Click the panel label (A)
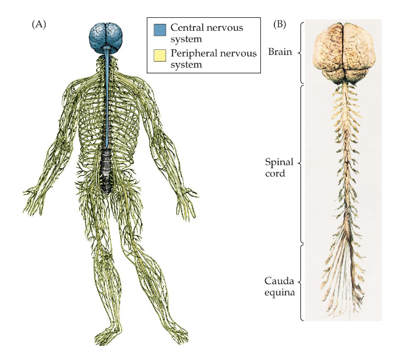coord(39,25)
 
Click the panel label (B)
coord(279,25)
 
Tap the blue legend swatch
coord(160,28)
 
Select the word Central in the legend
coord(189,28)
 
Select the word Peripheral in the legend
coord(195,54)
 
